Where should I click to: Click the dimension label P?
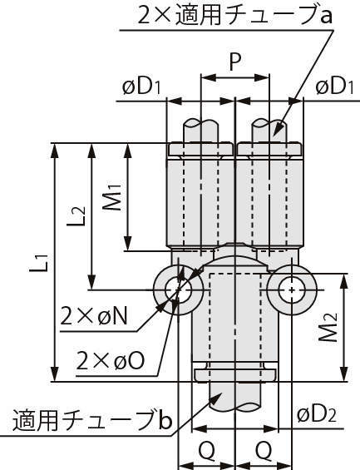click(235, 62)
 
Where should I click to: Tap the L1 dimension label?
click(39, 263)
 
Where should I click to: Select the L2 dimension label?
click(76, 215)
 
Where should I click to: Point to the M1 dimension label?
click(111, 197)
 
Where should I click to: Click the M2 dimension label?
click(328, 327)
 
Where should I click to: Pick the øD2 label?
click(317, 415)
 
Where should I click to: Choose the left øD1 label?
click(141, 87)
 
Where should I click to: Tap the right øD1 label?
click(335, 87)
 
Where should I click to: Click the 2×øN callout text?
click(94, 317)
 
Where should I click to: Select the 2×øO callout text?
click(111, 360)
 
